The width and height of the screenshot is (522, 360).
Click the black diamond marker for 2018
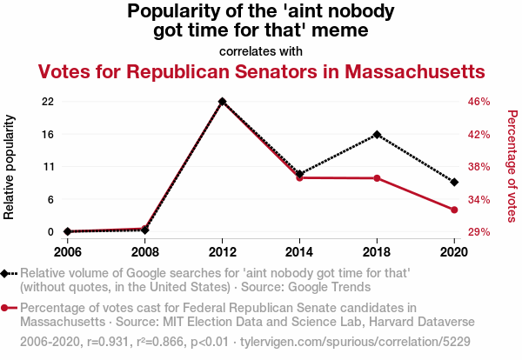point(377,135)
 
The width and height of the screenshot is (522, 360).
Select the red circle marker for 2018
point(377,178)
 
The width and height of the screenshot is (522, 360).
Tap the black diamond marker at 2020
point(454,182)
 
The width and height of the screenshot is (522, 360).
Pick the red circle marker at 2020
point(454,210)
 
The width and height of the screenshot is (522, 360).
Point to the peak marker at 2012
point(223,102)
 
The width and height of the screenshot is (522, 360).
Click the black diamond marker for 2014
point(299,174)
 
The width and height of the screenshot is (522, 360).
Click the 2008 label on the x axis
point(145,252)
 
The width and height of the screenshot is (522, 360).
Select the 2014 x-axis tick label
point(299,252)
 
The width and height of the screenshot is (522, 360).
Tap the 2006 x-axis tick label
point(68,252)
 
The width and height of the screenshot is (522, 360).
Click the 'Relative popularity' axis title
point(10,166)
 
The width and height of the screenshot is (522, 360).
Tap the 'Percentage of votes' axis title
point(512,166)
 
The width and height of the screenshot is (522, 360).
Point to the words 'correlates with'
point(261,50)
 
